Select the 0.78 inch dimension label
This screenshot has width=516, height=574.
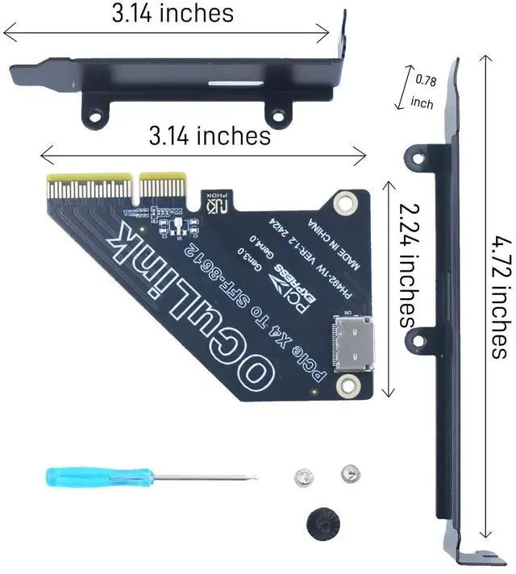pyautogui.click(x=422, y=91)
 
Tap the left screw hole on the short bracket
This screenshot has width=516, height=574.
pyautogui.click(x=96, y=117)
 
